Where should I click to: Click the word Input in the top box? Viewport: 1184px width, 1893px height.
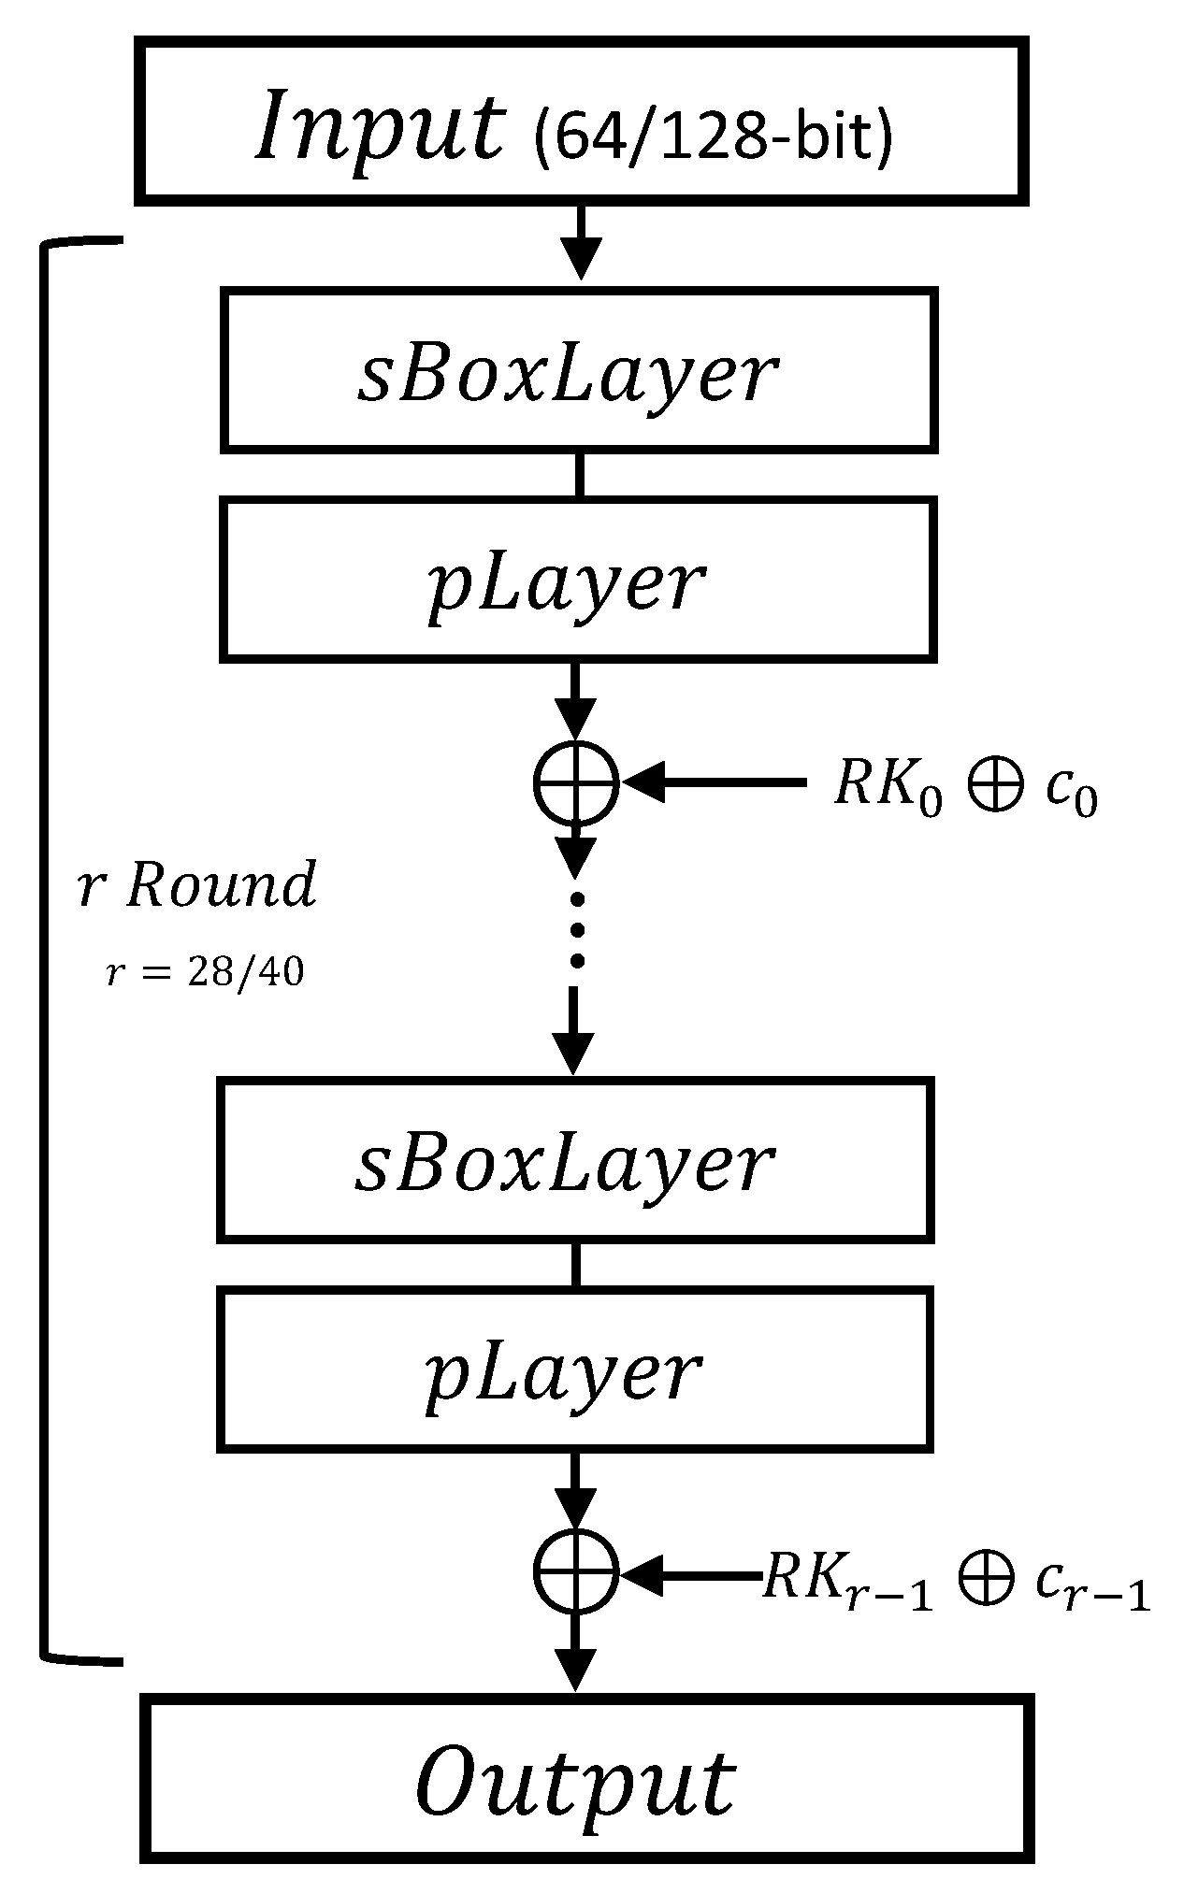click(x=381, y=126)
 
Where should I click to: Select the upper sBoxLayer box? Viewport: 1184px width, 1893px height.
click(x=579, y=370)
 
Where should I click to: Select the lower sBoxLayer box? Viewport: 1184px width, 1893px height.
click(x=575, y=1160)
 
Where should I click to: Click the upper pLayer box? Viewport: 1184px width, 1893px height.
click(x=579, y=580)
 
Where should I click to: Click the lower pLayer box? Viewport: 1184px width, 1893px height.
click(x=575, y=1370)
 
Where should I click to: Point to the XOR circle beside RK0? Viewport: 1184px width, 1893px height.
click(x=576, y=782)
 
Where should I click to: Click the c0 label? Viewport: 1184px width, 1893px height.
click(x=1071, y=793)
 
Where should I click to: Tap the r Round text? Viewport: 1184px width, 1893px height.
click(x=196, y=886)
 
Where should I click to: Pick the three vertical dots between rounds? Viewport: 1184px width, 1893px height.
click(x=577, y=930)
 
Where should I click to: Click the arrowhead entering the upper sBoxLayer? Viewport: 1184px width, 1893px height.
click(x=581, y=258)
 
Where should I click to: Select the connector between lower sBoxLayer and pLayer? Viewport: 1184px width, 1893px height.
click(x=575, y=1264)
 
